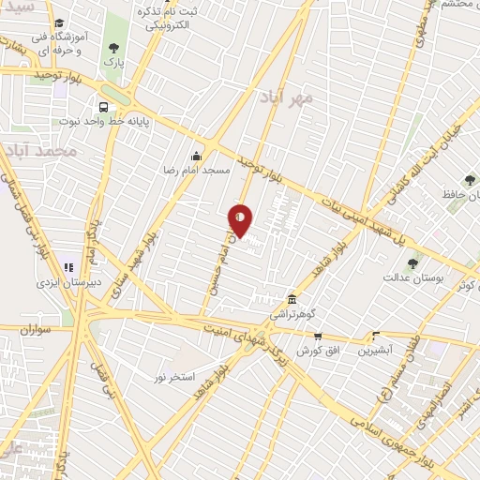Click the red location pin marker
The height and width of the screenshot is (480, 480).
(x=241, y=221)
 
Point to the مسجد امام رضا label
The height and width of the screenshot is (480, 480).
(x=196, y=172)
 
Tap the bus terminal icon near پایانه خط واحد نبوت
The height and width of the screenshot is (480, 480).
(x=103, y=107)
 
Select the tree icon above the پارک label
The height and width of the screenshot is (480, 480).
(x=113, y=49)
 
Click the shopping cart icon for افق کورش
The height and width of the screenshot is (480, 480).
(x=318, y=337)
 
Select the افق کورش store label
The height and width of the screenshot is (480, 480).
(x=318, y=351)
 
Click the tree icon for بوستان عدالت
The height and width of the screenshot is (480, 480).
(x=412, y=263)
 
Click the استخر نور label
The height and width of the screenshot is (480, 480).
(x=175, y=376)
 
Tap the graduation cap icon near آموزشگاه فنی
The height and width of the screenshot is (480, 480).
(x=59, y=23)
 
